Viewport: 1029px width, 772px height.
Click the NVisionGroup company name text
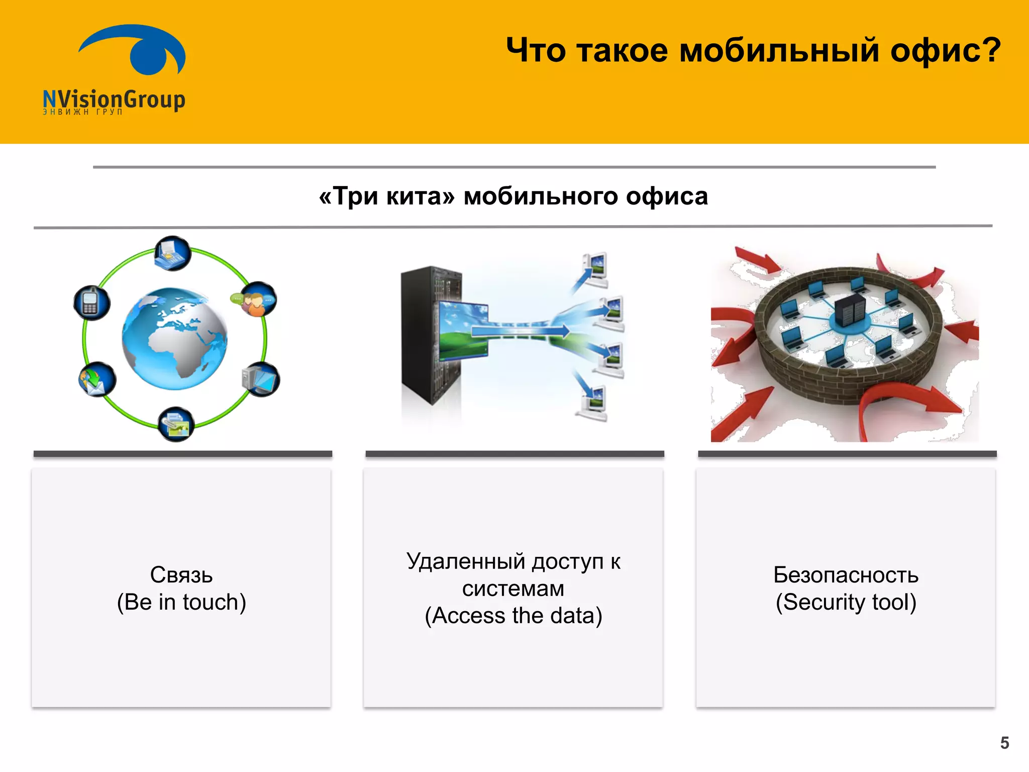point(114,99)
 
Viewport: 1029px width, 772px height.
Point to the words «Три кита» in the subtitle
point(386,196)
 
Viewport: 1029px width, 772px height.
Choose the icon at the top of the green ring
point(172,253)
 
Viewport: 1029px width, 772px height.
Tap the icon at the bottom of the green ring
point(176,424)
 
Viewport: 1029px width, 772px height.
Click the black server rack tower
point(430,334)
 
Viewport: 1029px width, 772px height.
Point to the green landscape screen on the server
point(462,330)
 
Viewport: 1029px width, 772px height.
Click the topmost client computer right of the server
point(596,269)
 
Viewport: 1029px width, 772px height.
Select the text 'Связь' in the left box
point(181,574)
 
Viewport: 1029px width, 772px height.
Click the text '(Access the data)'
point(513,616)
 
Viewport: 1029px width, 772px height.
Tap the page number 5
point(1004,742)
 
